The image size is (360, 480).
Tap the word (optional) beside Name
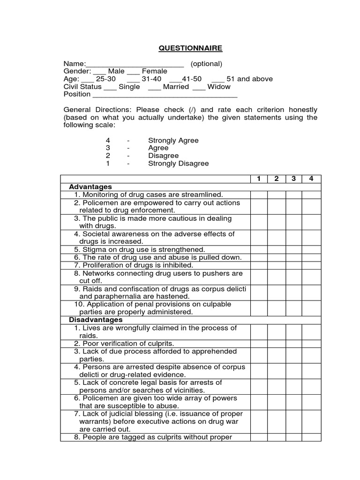click(x=206, y=64)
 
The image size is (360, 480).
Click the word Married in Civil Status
click(x=176, y=87)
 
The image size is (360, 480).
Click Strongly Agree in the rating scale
click(x=173, y=140)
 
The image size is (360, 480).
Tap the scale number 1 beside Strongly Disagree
click(x=108, y=164)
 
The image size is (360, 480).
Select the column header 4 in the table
click(x=311, y=179)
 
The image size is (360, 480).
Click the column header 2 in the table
click(x=277, y=179)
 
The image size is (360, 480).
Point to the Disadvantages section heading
click(x=96, y=320)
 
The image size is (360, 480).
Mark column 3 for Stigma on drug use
click(x=294, y=249)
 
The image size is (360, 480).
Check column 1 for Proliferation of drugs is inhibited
click(x=259, y=265)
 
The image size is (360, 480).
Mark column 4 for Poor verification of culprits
click(x=311, y=343)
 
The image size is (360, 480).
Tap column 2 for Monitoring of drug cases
click(x=277, y=195)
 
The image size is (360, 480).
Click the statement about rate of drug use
click(x=162, y=257)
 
